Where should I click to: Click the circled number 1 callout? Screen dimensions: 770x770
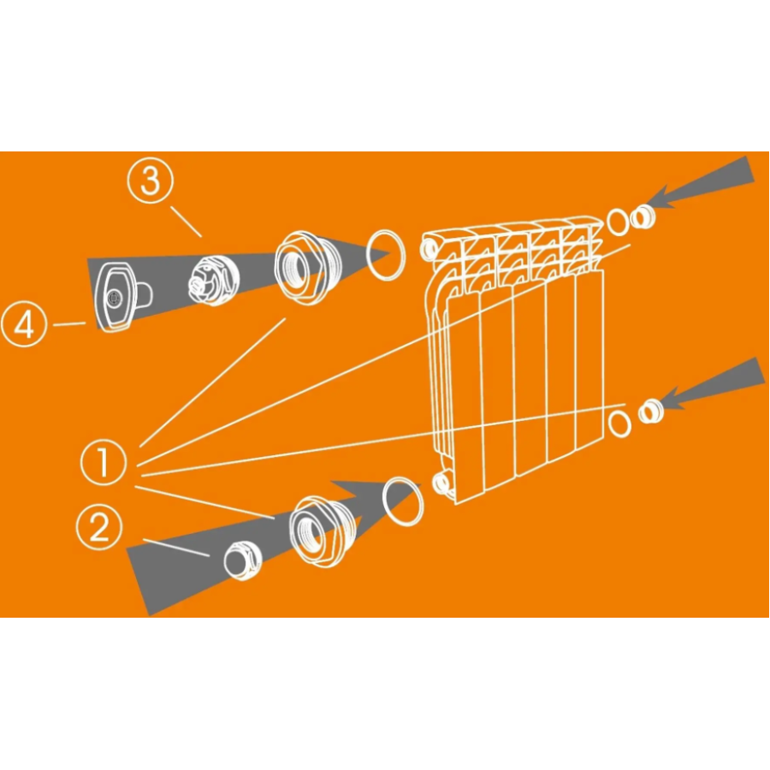click(x=104, y=462)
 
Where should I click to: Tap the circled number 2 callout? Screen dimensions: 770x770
click(x=100, y=527)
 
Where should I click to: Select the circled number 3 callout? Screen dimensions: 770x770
click(x=151, y=181)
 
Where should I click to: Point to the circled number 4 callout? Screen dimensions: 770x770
click(x=24, y=324)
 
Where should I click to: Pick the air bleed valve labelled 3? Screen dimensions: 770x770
click(x=214, y=281)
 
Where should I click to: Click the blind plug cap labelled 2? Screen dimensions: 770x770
click(x=243, y=560)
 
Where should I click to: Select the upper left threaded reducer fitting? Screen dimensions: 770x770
click(x=300, y=267)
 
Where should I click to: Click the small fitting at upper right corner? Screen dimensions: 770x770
click(x=643, y=217)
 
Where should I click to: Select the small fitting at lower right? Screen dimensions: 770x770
click(x=651, y=412)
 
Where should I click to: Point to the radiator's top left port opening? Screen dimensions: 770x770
click(x=429, y=249)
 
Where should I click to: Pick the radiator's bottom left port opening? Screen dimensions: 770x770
click(x=441, y=483)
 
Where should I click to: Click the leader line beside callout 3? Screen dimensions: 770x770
click(x=187, y=222)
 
